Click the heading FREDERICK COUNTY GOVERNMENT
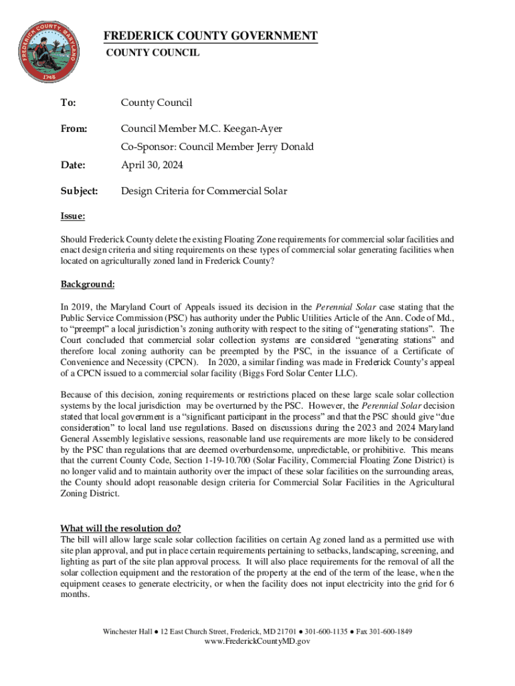(209, 36)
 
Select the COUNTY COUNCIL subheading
(153, 52)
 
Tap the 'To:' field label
(68, 102)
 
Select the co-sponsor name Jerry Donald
(286, 147)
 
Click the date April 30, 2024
(152, 165)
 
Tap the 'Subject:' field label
(79, 192)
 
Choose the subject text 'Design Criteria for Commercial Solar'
(204, 192)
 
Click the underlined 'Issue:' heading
(72, 216)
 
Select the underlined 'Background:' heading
(88, 285)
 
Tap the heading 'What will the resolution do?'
(120, 527)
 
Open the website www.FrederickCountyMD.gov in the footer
(257, 641)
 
